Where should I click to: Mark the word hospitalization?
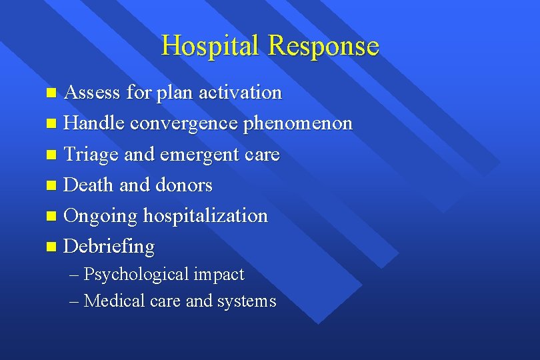click(x=205, y=216)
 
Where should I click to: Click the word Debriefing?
click(x=109, y=247)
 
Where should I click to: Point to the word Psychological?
click(x=137, y=275)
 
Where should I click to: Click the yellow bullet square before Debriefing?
click(x=53, y=247)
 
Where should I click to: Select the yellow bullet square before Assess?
click(x=53, y=93)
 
